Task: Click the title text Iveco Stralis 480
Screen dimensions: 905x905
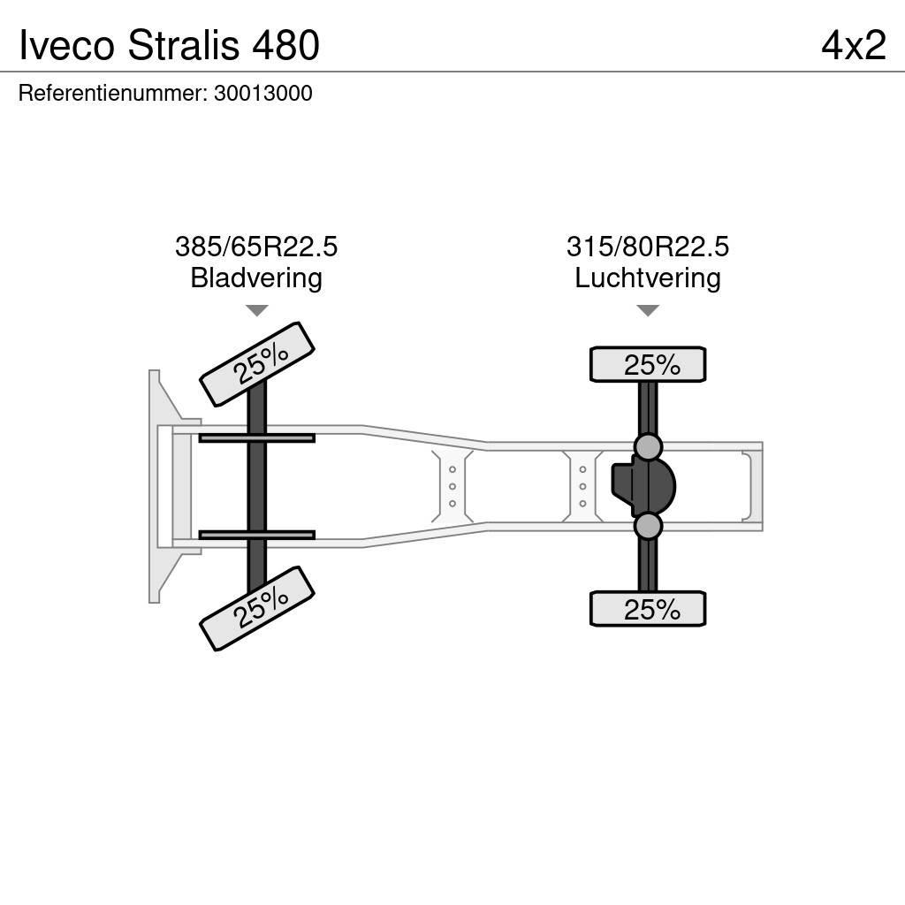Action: coord(169,45)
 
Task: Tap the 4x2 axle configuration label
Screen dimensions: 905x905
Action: coord(853,45)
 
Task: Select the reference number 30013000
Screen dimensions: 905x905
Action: coord(262,94)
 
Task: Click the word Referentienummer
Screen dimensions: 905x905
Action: coord(111,94)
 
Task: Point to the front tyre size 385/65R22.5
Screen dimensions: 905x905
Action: coord(256,247)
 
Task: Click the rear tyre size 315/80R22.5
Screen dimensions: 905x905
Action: coord(648,247)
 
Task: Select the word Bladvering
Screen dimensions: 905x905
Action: coord(256,278)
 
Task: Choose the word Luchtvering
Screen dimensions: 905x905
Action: coord(648,278)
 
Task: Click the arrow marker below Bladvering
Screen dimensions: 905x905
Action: coord(256,310)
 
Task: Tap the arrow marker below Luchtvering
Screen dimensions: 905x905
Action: coord(648,310)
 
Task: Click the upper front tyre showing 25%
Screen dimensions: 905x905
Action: coord(257,364)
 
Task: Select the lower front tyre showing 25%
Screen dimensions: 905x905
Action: coord(257,608)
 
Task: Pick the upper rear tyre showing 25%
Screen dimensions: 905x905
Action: coord(648,365)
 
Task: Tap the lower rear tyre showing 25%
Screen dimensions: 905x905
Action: coord(648,609)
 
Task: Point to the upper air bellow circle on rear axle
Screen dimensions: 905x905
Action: coord(648,447)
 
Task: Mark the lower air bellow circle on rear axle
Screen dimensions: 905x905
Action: coord(648,527)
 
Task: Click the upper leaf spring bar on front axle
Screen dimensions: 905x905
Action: coord(256,437)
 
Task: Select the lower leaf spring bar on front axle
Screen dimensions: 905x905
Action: coord(256,535)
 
